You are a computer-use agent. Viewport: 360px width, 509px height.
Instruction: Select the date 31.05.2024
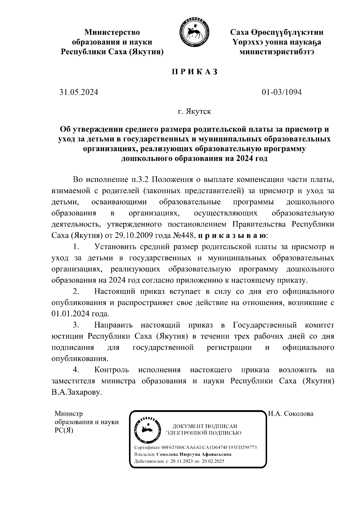pyautogui.click(x=79, y=92)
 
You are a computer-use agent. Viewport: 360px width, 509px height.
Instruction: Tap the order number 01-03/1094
pyautogui.click(x=281, y=92)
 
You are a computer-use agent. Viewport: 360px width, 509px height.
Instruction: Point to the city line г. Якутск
pyautogui.click(x=194, y=112)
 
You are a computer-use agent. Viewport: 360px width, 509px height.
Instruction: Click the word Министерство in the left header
pyautogui.click(x=112, y=32)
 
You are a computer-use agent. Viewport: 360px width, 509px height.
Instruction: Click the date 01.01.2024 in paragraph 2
pyautogui.click(x=70, y=314)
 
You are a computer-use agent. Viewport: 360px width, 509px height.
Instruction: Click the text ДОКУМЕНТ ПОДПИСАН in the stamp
pyautogui.click(x=205, y=426)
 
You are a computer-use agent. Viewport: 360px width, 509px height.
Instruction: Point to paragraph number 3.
pyautogui.click(x=76, y=325)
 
